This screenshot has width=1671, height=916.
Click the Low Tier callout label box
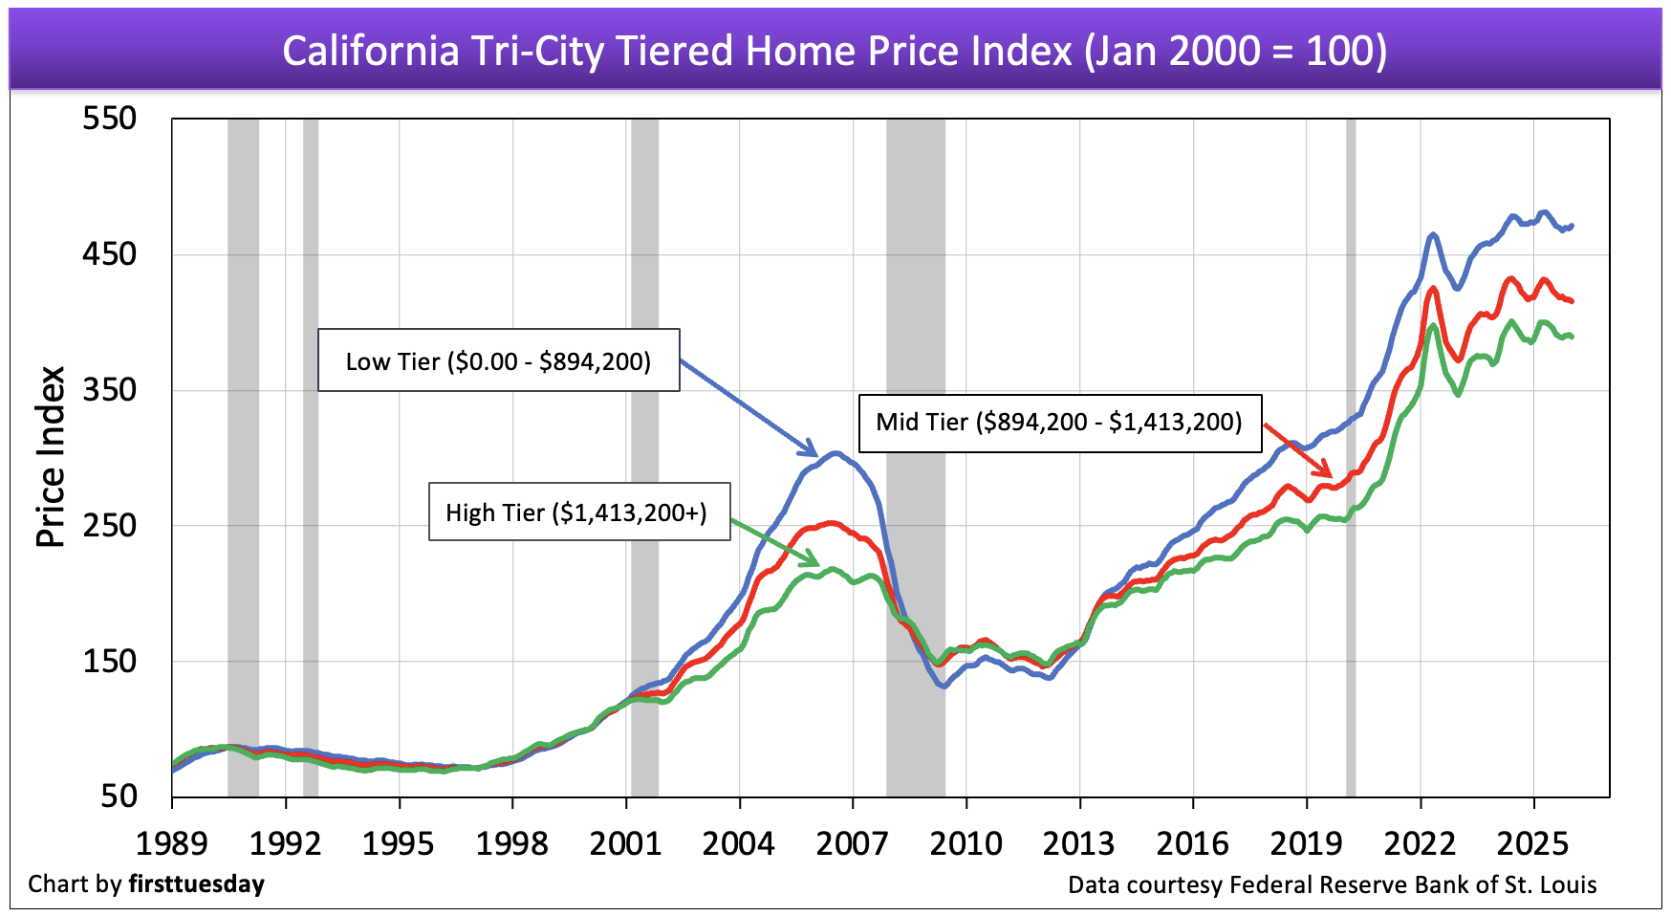click(x=498, y=360)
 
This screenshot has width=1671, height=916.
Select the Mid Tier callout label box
click(x=1059, y=422)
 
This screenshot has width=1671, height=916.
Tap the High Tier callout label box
click(x=578, y=513)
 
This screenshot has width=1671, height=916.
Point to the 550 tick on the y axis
click(x=109, y=119)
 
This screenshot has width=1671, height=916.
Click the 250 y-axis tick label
click(x=109, y=525)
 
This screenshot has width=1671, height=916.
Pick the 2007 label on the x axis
click(x=852, y=843)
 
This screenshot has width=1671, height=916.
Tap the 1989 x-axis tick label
click(x=172, y=843)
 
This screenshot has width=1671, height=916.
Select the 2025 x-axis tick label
click(x=1532, y=843)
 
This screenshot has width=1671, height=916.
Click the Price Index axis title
click(x=50, y=457)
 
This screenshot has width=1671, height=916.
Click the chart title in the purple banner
click(x=835, y=50)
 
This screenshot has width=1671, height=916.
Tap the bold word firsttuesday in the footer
click(x=196, y=883)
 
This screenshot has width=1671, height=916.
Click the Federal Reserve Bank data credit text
click(x=1332, y=884)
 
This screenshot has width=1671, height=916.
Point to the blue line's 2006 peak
click(x=835, y=452)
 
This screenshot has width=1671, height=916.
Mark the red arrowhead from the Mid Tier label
click(x=1325, y=471)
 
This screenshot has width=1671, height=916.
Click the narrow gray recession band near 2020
click(x=1351, y=457)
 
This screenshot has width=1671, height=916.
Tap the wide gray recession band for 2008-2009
click(x=915, y=457)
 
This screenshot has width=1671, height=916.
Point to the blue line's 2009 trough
click(x=943, y=686)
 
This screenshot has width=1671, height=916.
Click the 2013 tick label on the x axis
click(x=1078, y=843)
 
